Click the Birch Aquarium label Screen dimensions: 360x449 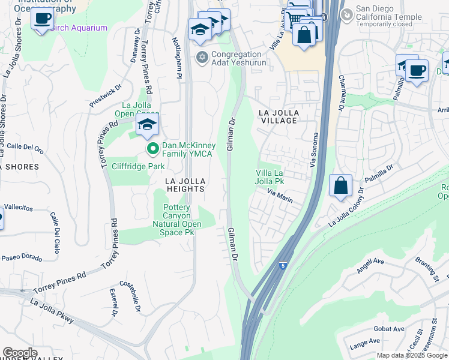tap(79, 28)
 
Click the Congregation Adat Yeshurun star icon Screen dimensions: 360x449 tap(202, 57)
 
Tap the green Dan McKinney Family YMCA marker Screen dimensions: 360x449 tap(152, 148)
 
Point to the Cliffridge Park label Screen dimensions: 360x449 tap(129, 166)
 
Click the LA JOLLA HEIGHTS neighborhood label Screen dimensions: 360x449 tap(186, 185)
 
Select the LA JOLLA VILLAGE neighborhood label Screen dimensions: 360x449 tap(277, 116)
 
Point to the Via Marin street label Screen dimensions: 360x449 tap(280, 195)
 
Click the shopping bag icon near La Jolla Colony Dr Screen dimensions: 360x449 tap(340, 186)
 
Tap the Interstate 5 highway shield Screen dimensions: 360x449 tap(282, 264)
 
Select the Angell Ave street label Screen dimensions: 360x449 tap(370, 265)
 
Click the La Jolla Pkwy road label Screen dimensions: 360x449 tap(51, 311)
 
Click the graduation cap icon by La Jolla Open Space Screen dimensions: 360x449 tap(146, 125)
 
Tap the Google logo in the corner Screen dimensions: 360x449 tap(20, 353)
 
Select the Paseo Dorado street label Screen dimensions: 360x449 tap(22, 258)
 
